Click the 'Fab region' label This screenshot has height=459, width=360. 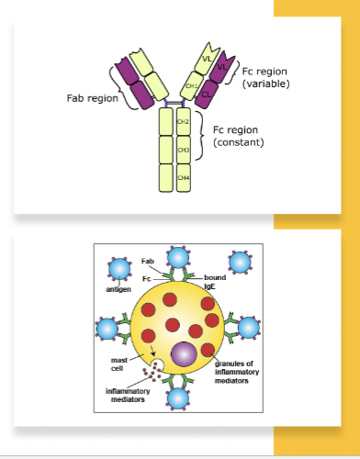pos(92,98)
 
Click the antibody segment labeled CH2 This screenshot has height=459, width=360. pos(183,120)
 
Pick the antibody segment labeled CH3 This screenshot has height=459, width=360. pos(183,148)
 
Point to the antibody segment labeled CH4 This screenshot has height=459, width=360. pos(183,176)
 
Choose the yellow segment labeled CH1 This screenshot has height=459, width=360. pos(192,87)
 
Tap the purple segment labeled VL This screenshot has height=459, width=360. pos(221,67)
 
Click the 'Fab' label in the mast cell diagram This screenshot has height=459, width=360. pos(148,262)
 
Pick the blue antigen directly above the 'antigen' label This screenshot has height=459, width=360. pos(118,268)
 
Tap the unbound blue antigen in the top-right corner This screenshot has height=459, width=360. pos(241,263)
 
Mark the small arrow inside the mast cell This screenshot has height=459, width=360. pos(151,359)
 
